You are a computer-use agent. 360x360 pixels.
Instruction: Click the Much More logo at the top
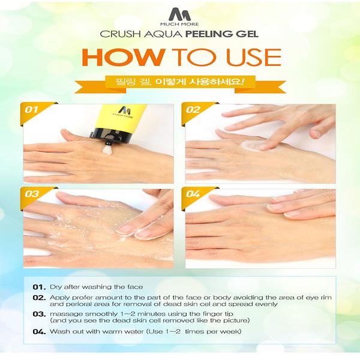coord(179,17)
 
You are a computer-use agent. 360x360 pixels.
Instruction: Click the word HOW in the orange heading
coord(123,57)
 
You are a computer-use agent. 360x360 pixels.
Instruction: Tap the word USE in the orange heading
coord(253,57)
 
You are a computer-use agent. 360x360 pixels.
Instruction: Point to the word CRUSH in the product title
coord(121,34)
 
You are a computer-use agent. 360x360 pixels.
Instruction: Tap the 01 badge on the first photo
coord(31,110)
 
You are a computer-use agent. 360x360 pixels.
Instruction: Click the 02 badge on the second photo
coord(193,110)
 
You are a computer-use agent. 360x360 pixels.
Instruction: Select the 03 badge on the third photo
coord(32,194)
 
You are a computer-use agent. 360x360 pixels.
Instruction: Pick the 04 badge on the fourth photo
coord(193,194)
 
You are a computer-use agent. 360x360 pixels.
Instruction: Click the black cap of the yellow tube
coord(111,136)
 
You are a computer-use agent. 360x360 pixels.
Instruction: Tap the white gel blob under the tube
coord(107,149)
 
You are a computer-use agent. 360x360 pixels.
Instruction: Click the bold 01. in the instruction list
coord(39,287)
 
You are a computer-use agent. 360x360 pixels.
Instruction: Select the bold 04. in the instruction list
coord(40,332)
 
